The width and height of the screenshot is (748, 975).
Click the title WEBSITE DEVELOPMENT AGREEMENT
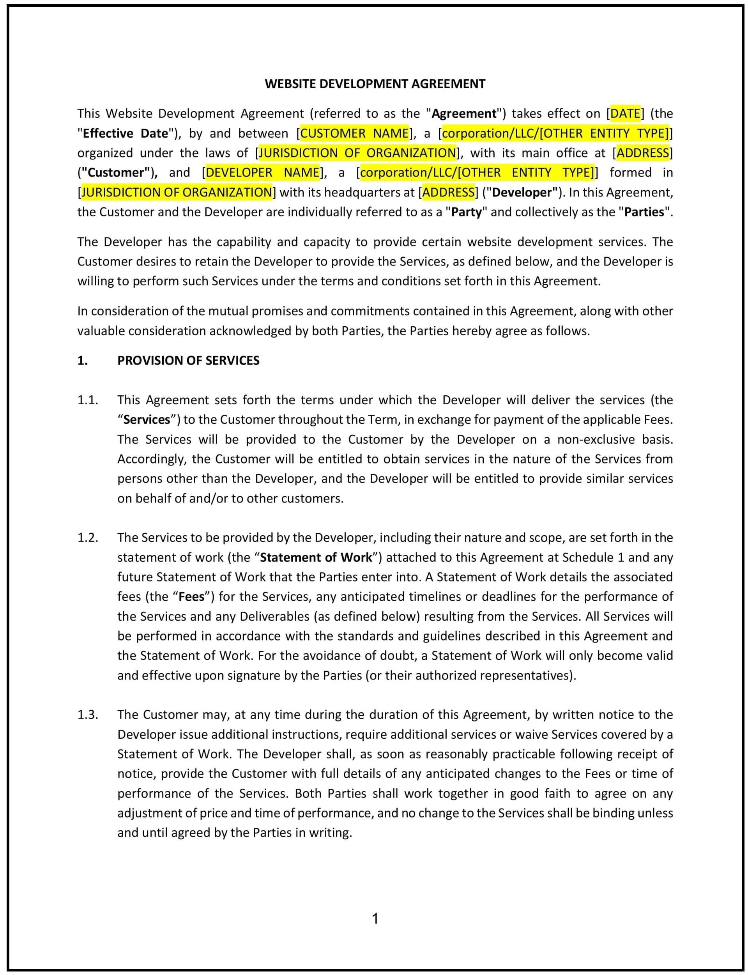[375, 84]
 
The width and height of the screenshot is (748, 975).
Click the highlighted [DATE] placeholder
[625, 113]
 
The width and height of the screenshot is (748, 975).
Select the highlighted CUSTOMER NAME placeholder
[355, 133]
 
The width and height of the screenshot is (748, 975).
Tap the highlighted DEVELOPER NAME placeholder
[262, 172]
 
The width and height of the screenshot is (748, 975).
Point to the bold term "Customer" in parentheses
[117, 172]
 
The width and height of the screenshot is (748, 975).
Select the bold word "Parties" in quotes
[644, 212]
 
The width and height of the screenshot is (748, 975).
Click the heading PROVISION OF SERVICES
[188, 361]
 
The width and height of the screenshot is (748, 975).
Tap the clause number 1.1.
[88, 400]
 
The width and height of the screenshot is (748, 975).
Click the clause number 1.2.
[88, 538]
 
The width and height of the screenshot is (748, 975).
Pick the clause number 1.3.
[88, 715]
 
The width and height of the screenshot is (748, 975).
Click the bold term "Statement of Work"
[316, 557]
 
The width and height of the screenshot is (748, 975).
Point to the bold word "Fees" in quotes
[191, 596]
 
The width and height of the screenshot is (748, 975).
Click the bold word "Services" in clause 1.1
[147, 419]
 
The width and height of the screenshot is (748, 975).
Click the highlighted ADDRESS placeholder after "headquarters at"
[448, 192]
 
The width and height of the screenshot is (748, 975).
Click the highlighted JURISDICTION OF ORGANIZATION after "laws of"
[357, 153]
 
